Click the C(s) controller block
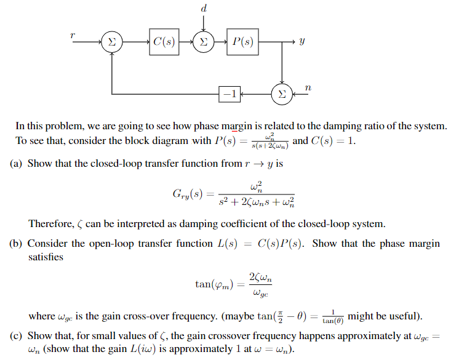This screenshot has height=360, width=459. pyautogui.click(x=163, y=42)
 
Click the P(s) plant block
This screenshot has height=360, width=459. pyautogui.click(x=242, y=42)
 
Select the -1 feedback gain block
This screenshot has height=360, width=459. pyautogui.click(x=229, y=94)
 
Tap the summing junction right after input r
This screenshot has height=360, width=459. pyautogui.click(x=111, y=42)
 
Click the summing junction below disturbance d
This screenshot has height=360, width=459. pyautogui.click(x=204, y=42)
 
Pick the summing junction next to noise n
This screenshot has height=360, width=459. pyautogui.click(x=282, y=94)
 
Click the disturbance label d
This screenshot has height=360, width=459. pyautogui.click(x=204, y=8)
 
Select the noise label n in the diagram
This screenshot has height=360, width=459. pyautogui.click(x=308, y=89)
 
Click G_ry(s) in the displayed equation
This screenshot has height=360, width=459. pyautogui.click(x=187, y=194)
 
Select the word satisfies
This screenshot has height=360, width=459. pyautogui.click(x=46, y=257)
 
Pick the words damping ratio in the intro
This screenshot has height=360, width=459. pyautogui.click(x=354, y=126)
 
